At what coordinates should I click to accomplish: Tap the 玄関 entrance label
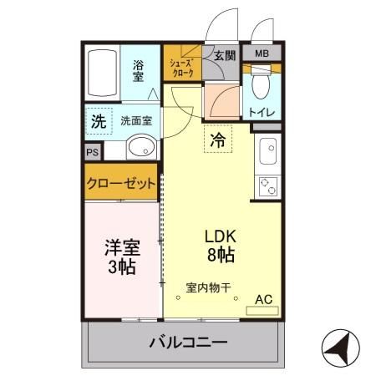[224, 56]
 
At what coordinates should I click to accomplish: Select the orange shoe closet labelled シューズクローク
[181, 68]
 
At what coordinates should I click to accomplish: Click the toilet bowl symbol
[261, 87]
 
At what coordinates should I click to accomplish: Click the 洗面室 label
[135, 120]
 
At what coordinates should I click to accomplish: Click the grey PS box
[92, 152]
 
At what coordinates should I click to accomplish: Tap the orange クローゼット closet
[121, 184]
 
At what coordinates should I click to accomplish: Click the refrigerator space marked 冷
[217, 140]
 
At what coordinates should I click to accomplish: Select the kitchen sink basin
[269, 151]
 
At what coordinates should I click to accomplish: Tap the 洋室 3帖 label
[121, 257]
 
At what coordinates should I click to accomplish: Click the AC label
[262, 298]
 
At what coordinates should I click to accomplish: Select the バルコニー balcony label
[187, 343]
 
